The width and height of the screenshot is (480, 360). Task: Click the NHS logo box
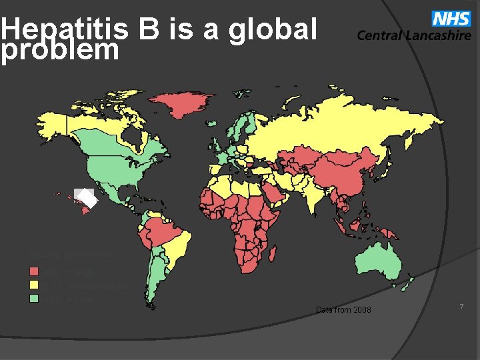click(451, 19)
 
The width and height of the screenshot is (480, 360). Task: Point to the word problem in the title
click(60, 50)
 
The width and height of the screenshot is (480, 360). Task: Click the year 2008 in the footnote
click(362, 311)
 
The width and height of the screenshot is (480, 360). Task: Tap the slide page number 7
click(461, 305)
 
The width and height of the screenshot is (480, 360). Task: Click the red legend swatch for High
click(34, 272)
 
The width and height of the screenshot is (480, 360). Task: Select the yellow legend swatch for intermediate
click(34, 285)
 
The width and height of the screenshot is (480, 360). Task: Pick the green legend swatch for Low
click(34, 298)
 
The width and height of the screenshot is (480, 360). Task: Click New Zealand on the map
click(409, 284)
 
